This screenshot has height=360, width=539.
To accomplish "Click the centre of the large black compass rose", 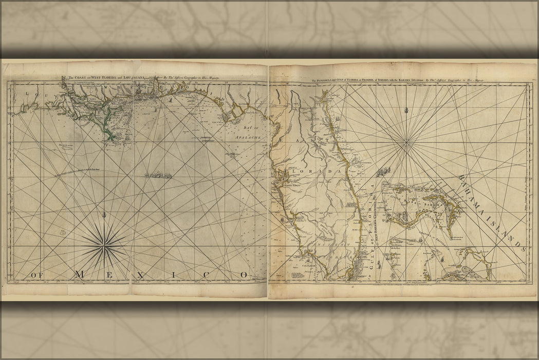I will [104, 246].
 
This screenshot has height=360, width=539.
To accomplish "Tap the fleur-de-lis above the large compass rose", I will [104, 215].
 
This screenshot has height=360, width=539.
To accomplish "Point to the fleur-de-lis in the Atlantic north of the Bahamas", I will [406, 110].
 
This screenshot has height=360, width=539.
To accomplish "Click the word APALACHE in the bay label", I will [249, 138].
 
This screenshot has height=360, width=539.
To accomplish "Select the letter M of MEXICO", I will [79, 275].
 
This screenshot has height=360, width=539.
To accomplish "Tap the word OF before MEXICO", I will [36, 275].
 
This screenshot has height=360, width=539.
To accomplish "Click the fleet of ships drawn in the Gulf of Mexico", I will [158, 175].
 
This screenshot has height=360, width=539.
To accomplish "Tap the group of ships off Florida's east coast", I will [382, 172].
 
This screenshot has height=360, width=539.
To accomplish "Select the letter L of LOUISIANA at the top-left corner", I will [16, 94].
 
